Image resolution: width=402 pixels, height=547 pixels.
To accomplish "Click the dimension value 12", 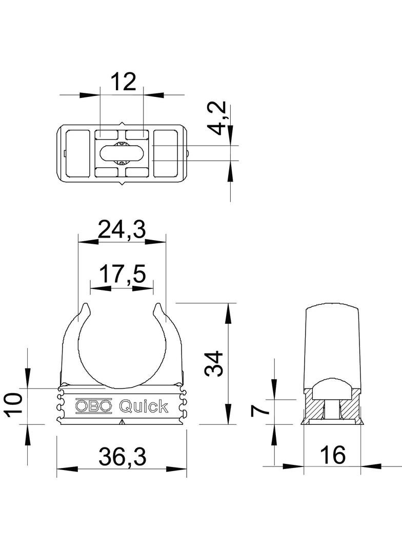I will click(123, 82).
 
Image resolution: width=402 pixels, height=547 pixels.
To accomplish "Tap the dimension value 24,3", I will click(122, 229).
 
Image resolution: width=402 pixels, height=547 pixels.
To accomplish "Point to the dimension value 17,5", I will click(122, 275).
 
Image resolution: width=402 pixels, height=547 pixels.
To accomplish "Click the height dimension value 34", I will click(215, 363).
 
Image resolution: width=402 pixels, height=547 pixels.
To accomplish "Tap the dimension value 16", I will click(332, 454).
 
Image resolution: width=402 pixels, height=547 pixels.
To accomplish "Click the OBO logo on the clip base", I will click(93, 406).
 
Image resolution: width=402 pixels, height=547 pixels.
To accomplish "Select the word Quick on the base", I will click(143, 406).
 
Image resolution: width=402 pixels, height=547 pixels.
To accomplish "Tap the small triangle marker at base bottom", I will click(122, 422).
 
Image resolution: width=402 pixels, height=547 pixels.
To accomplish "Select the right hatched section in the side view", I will click(351, 408).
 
